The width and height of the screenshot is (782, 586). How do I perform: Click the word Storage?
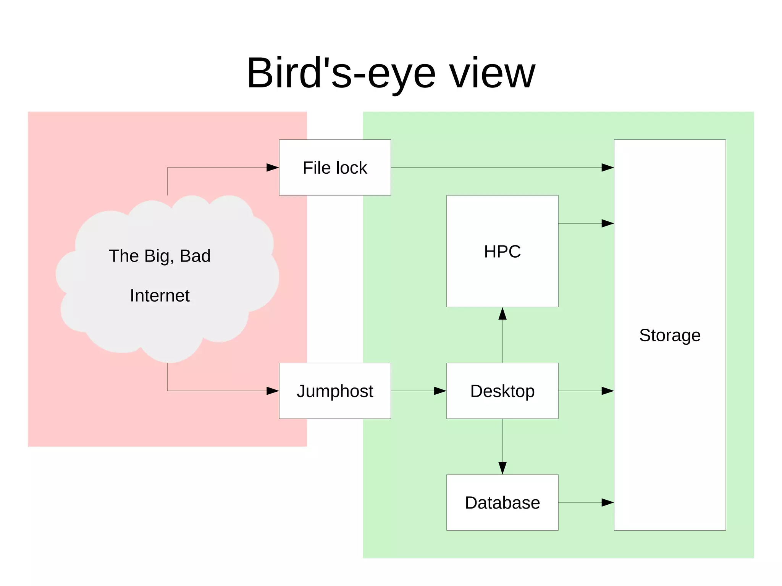tap(670, 335)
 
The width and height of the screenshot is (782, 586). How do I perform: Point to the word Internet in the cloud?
tap(160, 295)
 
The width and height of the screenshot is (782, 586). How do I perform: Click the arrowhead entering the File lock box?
tap(272, 168)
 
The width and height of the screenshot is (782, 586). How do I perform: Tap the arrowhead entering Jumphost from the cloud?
tap(272, 391)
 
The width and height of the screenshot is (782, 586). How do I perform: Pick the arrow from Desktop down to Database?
tap(502, 447)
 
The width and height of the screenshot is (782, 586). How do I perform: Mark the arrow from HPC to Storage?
tap(586, 223)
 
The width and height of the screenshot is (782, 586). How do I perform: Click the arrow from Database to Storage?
tap(586, 503)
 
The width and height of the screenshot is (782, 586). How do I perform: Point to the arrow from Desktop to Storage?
tap(586, 391)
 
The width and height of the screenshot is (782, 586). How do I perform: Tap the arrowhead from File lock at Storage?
tap(607, 168)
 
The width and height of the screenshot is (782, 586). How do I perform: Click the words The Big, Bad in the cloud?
tap(160, 256)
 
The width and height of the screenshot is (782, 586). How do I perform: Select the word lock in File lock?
tap(351, 168)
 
